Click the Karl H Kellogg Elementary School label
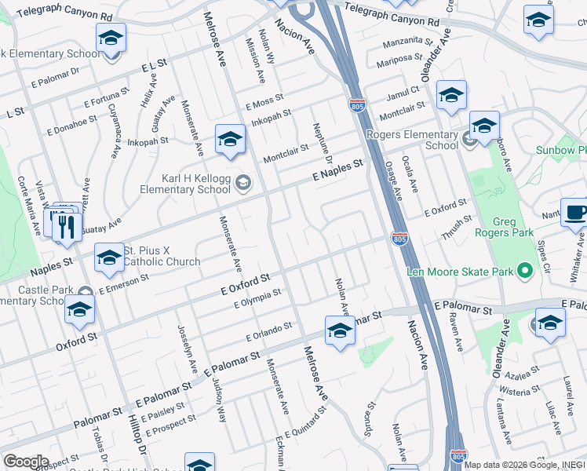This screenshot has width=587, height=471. coord(185,184)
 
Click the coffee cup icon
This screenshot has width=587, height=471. coord(575,213)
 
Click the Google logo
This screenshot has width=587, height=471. coord(26,462)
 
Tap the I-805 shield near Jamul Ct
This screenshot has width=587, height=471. coord(356,104)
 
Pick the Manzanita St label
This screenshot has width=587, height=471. coord(408,40)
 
